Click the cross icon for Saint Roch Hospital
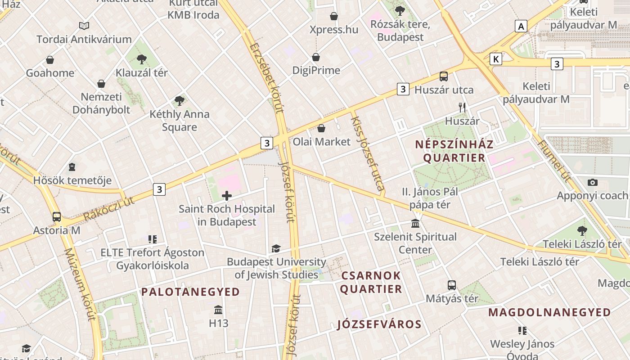pyautogui.click(x=227, y=195)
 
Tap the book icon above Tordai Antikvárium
pyautogui.click(x=84, y=26)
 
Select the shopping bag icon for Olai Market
pyautogui.click(x=321, y=128)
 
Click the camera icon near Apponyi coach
pyautogui.click(x=593, y=182)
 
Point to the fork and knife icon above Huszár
pyautogui.click(x=462, y=107)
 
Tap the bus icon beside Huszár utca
pyautogui.click(x=444, y=76)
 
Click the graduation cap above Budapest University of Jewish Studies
pyautogui.click(x=276, y=248)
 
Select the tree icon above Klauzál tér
pyautogui.click(x=142, y=59)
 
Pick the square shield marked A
pyautogui.click(x=521, y=26)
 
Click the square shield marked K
pyautogui.click(x=496, y=59)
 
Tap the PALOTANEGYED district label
pyautogui.click(x=190, y=292)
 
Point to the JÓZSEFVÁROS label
pyautogui.click(x=379, y=324)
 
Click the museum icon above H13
pyautogui.click(x=219, y=310)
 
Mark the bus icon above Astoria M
pyautogui.click(x=57, y=217)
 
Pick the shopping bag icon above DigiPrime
pyautogui.click(x=316, y=57)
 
